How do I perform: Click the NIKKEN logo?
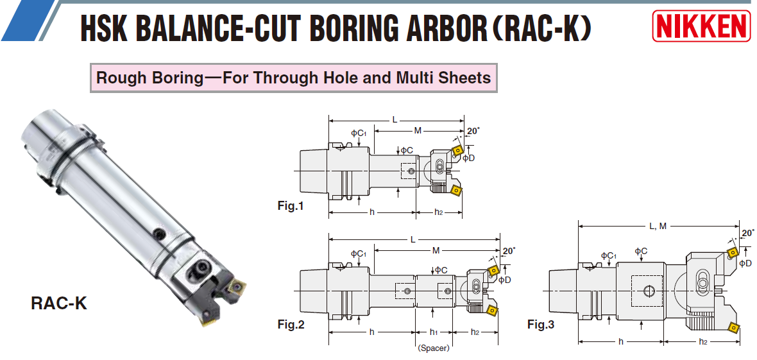(701, 26)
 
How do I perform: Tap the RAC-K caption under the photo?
(58, 303)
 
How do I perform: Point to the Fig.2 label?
(291, 324)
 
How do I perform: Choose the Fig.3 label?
(540, 324)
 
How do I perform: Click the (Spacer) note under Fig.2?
(433, 348)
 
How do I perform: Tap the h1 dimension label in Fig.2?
(433, 332)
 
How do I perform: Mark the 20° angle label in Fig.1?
(473, 131)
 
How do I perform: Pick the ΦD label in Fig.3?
(745, 263)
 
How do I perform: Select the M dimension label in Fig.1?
(418, 130)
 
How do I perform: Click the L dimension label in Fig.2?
(414, 239)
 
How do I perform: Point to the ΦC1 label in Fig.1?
(359, 133)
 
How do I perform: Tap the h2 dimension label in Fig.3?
(703, 341)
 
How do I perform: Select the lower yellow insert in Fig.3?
(733, 329)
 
